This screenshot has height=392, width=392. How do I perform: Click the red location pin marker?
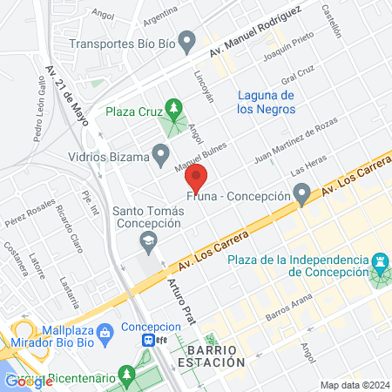(196, 179)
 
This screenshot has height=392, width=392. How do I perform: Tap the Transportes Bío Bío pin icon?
(186, 40)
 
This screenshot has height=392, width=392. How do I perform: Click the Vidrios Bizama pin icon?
(159, 156)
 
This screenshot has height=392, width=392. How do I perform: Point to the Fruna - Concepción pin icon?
(301, 193)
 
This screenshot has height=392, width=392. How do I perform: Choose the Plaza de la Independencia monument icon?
(380, 262)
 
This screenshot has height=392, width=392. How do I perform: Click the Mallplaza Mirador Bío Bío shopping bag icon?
(104, 331)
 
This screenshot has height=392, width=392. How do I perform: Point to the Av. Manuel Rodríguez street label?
(260, 29)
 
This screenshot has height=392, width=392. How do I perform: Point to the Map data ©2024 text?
(353, 385)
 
